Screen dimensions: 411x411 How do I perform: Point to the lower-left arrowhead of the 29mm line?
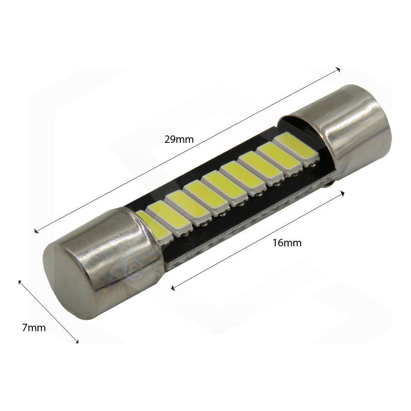[x=35, y=231]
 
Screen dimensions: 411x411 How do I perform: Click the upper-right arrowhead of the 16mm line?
[x=342, y=193]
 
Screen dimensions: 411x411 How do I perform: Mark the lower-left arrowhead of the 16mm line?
[x=172, y=287]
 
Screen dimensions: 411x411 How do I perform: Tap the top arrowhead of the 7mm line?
[x=20, y=281]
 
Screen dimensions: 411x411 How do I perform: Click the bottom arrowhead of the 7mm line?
[x=78, y=341]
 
